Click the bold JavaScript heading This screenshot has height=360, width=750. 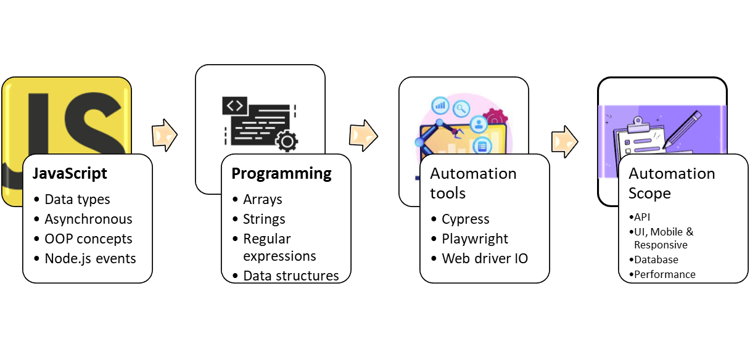tap(70, 174)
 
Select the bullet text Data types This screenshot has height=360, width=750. tap(77, 199)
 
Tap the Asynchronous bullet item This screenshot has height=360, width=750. tap(88, 219)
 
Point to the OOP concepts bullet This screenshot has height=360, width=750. tap(88, 239)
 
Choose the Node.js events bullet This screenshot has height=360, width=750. tap(90, 258)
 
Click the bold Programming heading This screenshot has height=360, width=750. tap(281, 174)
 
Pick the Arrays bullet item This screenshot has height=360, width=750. tap(263, 199)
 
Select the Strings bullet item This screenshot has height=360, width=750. tap(264, 219)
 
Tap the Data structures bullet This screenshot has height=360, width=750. tap(291, 275)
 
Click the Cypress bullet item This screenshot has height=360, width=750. tap(466, 219)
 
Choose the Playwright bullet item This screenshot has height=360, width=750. tap(475, 239)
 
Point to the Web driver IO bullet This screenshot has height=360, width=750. tap(485, 258)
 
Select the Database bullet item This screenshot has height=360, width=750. tap(656, 260)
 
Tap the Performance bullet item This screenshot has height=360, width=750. tap(664, 274)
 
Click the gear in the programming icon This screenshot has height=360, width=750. tap(286, 141)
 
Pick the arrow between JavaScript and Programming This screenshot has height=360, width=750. tap(164, 134)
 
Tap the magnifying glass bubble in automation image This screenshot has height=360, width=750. tap(461, 108)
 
